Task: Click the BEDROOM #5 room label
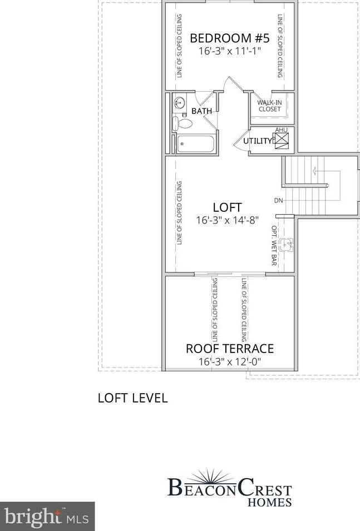click(230, 38)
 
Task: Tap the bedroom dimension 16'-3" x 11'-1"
click(230, 51)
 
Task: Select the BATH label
click(201, 111)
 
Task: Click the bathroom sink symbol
click(179, 103)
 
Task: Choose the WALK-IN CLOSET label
click(269, 106)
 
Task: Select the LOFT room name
click(227, 208)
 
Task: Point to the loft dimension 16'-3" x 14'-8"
click(227, 220)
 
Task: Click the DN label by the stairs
click(278, 200)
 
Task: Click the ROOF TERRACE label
click(229, 349)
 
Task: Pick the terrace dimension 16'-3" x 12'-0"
click(229, 361)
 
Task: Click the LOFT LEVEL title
click(132, 398)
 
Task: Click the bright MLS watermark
click(47, 517)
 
